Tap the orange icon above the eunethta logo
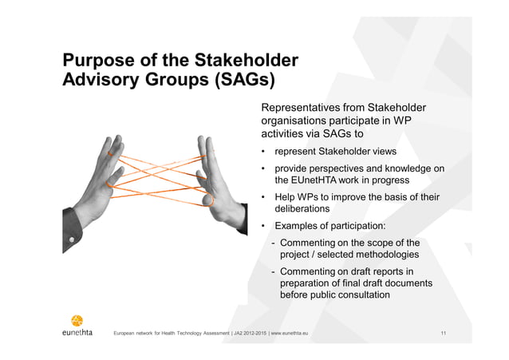click(x=77, y=316)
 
